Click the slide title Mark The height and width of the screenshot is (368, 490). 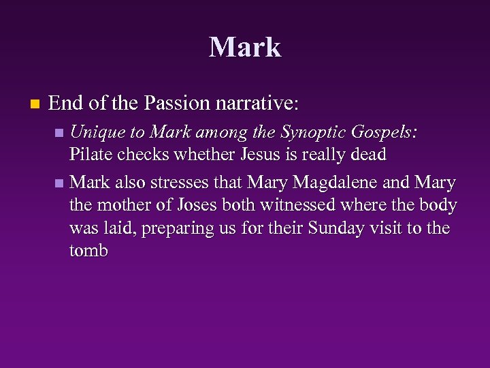[245, 47]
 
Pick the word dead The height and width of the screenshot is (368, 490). [367, 155]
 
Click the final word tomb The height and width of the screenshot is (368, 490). [88, 251]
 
